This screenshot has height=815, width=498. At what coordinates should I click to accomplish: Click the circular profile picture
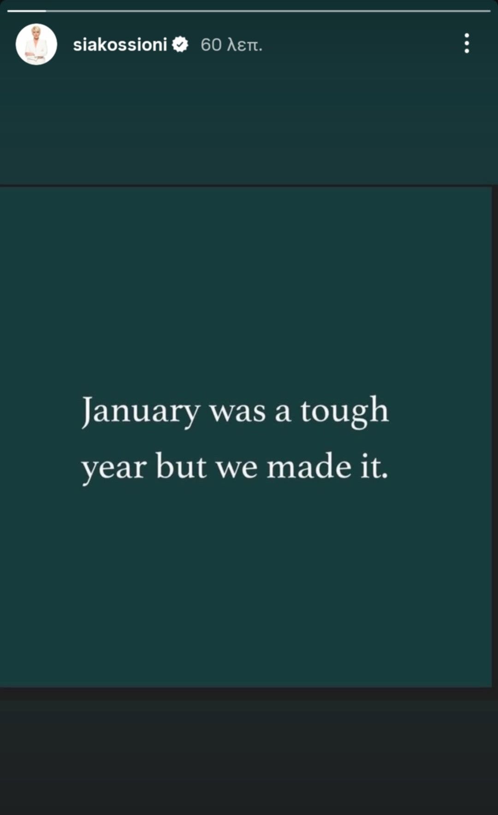click(36, 44)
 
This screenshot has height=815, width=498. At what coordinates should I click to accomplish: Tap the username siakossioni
click(120, 45)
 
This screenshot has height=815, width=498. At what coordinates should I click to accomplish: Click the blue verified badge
click(180, 45)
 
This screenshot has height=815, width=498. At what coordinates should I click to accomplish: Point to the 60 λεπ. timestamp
click(231, 45)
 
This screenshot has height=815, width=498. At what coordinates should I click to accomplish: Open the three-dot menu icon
click(467, 43)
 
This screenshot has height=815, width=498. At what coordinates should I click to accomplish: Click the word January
click(141, 411)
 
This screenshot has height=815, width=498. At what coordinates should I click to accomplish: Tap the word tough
click(344, 411)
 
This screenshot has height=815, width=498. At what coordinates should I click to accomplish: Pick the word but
click(181, 465)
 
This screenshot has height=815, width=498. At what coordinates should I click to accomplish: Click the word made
click(309, 465)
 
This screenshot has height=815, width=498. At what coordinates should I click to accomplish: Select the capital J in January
click(87, 412)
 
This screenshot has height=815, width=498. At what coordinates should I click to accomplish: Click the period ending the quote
click(385, 476)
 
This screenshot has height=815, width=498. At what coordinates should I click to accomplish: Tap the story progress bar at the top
click(249, 11)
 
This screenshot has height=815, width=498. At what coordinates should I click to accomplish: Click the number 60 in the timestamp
click(211, 45)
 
